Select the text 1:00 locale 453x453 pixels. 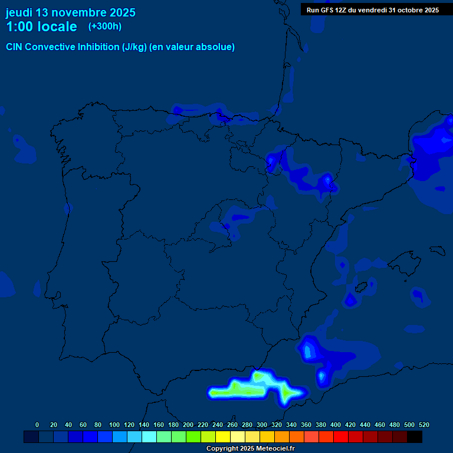[41, 27]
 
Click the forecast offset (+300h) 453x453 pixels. [105, 27]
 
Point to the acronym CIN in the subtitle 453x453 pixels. [15, 47]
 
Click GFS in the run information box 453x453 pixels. [327, 10]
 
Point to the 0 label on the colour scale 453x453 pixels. [37, 425]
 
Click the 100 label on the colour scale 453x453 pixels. [114, 425]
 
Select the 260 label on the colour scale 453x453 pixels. [232, 425]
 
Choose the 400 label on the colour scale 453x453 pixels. [336, 425]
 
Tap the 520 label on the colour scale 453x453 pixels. [424, 425]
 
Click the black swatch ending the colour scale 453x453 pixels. [415, 436]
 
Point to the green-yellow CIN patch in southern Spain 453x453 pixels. [236, 389]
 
